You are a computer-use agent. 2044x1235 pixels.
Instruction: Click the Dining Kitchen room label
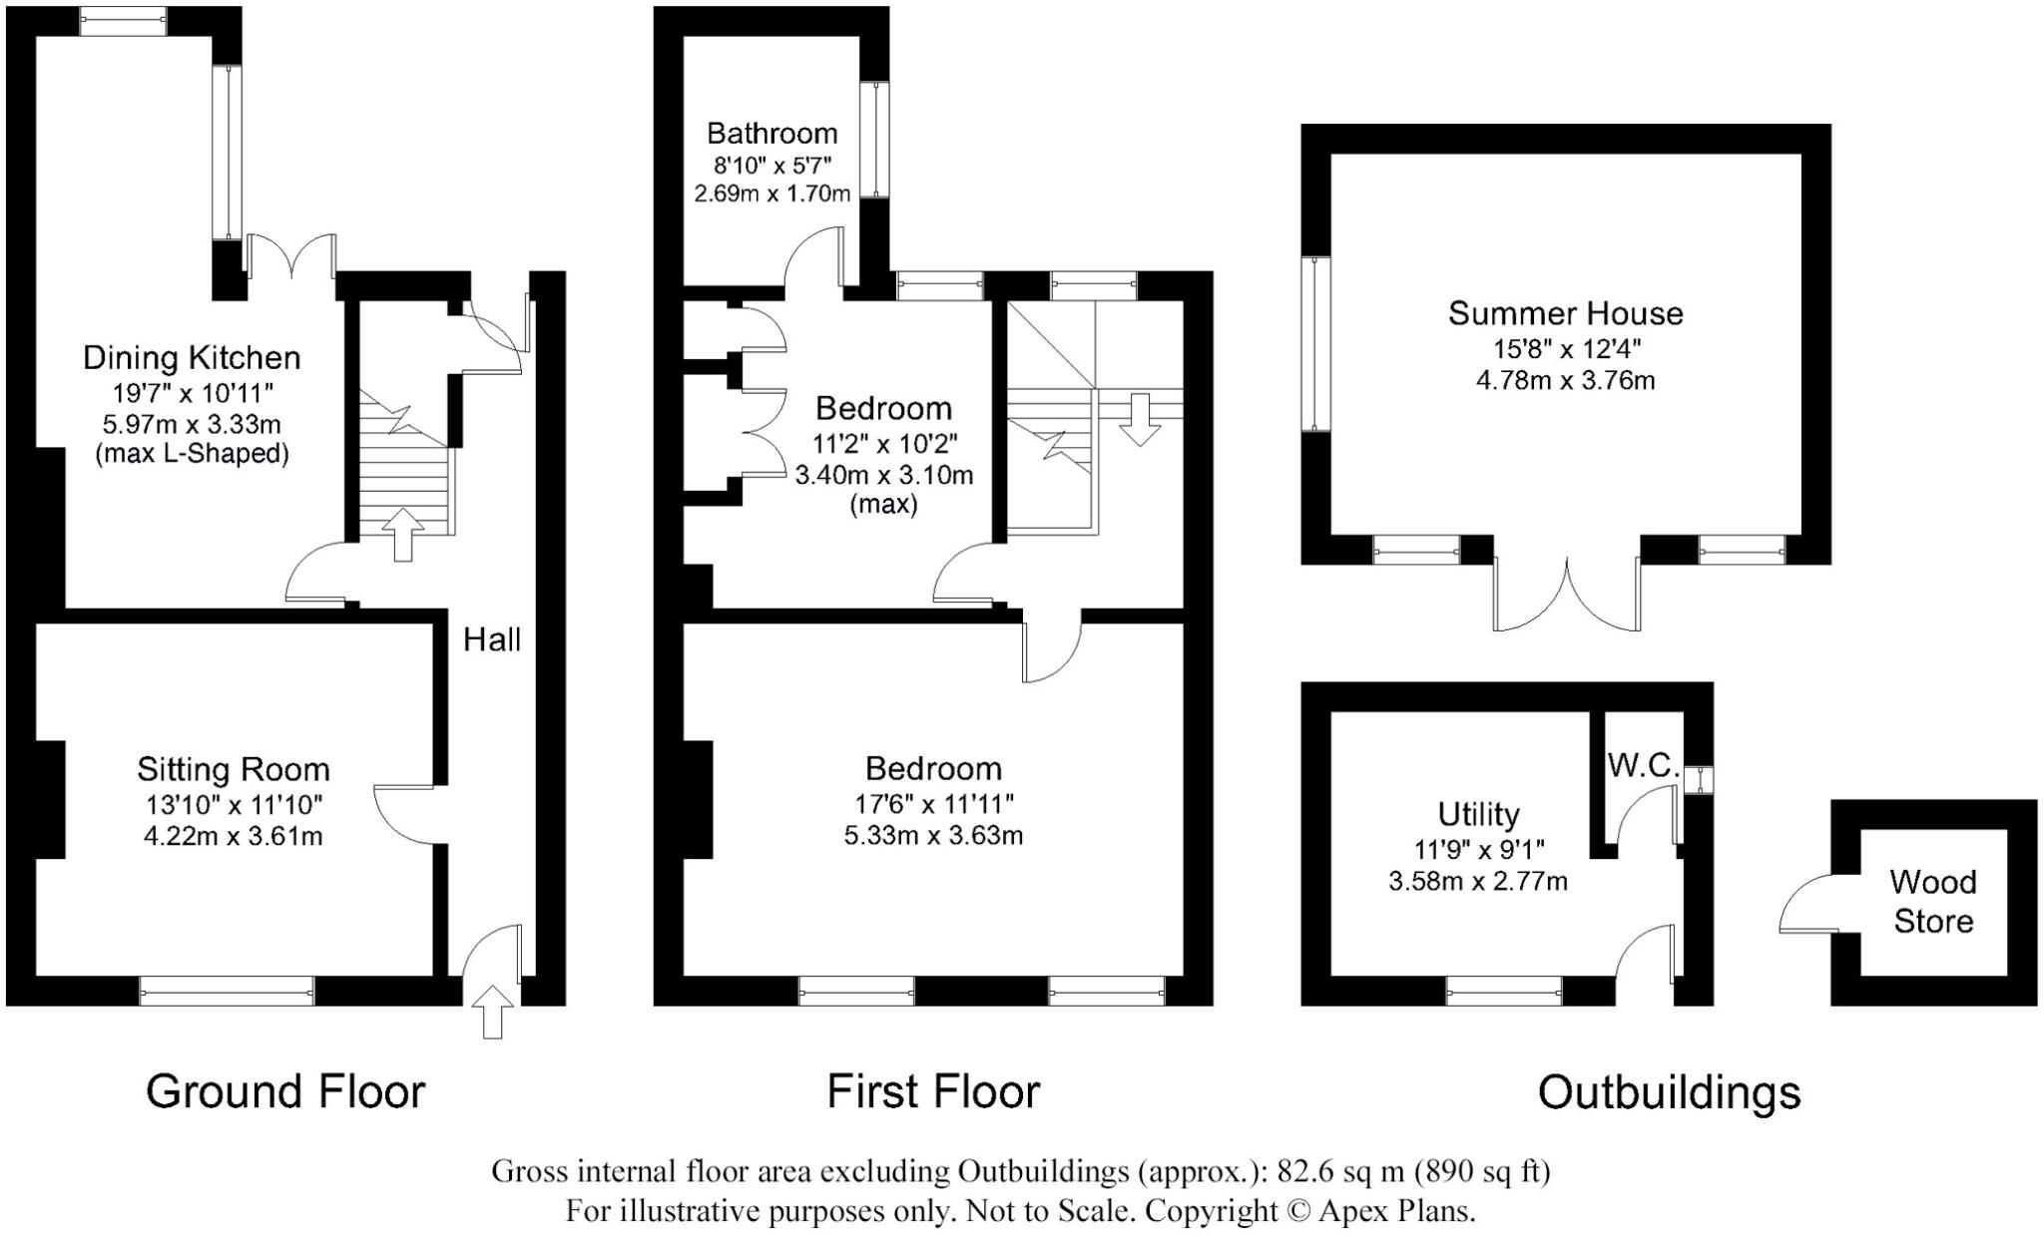point(191,357)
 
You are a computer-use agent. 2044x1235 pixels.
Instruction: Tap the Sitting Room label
point(233,769)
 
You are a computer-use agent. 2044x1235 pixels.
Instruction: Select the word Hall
point(492,639)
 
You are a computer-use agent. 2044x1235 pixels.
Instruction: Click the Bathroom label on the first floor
point(771,133)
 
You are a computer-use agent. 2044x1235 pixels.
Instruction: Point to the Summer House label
point(1565,313)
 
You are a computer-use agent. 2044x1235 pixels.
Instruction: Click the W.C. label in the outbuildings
point(1643,765)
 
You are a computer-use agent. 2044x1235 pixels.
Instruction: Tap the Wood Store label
point(1933,901)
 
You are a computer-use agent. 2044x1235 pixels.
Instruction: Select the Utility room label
point(1478,814)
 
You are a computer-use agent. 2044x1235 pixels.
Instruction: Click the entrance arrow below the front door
point(492,1012)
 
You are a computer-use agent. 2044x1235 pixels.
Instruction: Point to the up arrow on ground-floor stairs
point(402,535)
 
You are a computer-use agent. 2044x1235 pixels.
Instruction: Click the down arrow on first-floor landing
point(1139,419)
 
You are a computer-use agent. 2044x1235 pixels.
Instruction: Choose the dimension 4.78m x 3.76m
point(1565,380)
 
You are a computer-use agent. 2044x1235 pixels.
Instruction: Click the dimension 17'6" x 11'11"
point(933,803)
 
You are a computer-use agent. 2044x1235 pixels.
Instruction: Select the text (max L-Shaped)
point(192,455)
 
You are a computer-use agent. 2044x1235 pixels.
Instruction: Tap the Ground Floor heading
point(285,1091)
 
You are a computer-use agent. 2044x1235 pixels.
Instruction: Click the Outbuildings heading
point(1669,1092)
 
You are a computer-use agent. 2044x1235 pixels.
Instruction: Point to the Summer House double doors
point(1567,594)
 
